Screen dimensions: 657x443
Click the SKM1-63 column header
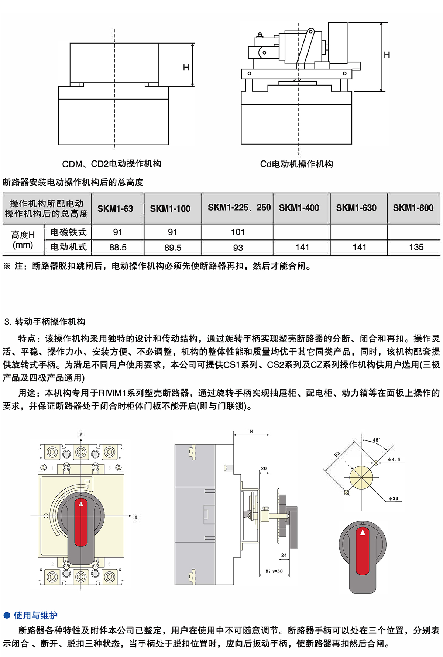pyautogui.click(x=115, y=208)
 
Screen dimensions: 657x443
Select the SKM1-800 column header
pyautogui.click(x=413, y=208)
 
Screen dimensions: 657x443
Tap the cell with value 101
pyautogui.click(x=238, y=232)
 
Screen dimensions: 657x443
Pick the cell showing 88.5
pyautogui.click(x=118, y=248)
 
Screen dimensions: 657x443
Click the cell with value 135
pyautogui.click(x=416, y=247)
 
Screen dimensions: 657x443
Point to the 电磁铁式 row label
pyautogui.click(x=68, y=232)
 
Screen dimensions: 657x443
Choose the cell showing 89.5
pyautogui.click(x=173, y=248)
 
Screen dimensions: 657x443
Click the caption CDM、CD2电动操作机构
pyautogui.click(x=111, y=164)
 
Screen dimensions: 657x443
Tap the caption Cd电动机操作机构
pyautogui.click(x=296, y=164)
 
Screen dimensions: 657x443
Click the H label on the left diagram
pyautogui.click(x=186, y=68)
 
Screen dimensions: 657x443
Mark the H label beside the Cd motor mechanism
pyautogui.click(x=387, y=55)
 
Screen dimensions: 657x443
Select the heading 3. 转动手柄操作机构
pyautogui.click(x=45, y=322)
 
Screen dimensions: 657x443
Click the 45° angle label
pyautogui.click(x=376, y=440)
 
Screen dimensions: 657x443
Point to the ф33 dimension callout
pyautogui.click(x=393, y=498)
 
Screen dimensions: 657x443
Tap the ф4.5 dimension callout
pyautogui.click(x=394, y=459)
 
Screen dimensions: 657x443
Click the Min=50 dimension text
pyautogui.click(x=274, y=571)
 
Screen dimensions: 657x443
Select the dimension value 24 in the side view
pyautogui.click(x=284, y=555)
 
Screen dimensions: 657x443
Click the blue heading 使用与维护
pyautogui.click(x=35, y=615)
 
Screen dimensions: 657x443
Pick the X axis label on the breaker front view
pyautogui.click(x=136, y=518)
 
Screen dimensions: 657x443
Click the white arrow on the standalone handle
pyautogui.click(x=363, y=532)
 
